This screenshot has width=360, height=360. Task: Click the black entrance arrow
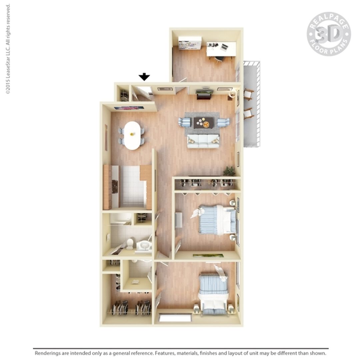pos(144,77)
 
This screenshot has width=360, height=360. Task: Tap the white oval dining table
pos(132,135)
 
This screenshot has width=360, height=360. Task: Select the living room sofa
pos(203,141)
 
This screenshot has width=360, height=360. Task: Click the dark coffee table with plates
pos(204,123)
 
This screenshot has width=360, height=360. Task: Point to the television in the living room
pos(205,92)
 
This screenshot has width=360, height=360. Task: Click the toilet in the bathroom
pos(130,244)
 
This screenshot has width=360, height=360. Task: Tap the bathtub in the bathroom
pos(121,219)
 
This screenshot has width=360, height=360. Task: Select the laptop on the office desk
pos(224,47)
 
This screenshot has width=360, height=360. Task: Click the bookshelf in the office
pos(190,43)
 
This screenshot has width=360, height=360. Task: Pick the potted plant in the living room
pos(229,171)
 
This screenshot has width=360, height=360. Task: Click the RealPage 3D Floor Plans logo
pos(329,34)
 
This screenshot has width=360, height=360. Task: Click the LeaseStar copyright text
pos(8,49)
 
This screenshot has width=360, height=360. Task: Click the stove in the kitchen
pos(115,186)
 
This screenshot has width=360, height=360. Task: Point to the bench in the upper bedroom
pos(179,220)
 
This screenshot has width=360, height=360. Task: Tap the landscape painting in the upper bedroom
pos(208,256)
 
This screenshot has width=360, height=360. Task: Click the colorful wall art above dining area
pos(129,108)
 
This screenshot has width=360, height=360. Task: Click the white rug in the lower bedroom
pos(175,318)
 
